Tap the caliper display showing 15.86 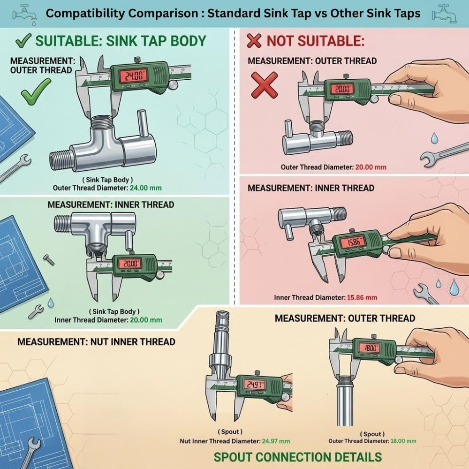[354, 242]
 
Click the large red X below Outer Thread [265, 85]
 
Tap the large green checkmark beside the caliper [36, 91]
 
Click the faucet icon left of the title [25, 14]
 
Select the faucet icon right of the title [445, 14]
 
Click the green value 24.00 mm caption [146, 188]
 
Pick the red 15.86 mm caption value [362, 298]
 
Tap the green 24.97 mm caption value [276, 441]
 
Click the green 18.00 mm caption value [403, 441]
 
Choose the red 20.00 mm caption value [371, 167]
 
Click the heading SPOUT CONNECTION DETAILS [298, 457]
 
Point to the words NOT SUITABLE [316, 41]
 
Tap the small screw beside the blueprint [49, 260]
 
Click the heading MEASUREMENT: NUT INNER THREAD [96, 341]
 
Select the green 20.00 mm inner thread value [146, 320]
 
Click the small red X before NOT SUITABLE [254, 41]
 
